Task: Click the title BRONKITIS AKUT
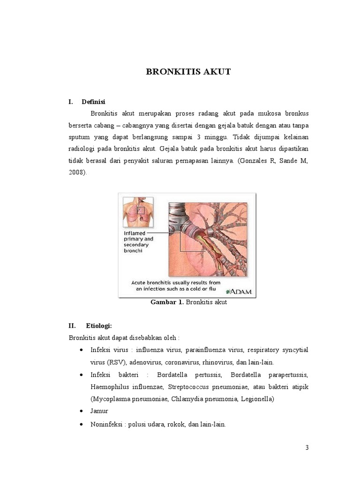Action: pyautogui.click(x=188, y=72)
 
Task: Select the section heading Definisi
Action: pyautogui.click(x=94, y=102)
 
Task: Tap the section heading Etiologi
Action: pyautogui.click(x=99, y=325)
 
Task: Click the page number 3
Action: pyautogui.click(x=307, y=447)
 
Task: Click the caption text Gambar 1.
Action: pyautogui.click(x=166, y=302)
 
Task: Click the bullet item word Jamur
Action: pyautogui.click(x=99, y=411)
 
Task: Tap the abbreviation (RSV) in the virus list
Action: pyautogui.click(x=116, y=362)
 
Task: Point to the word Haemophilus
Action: pyautogui.click(x=112, y=387)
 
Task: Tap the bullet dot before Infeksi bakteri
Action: pyautogui.click(x=82, y=375)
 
